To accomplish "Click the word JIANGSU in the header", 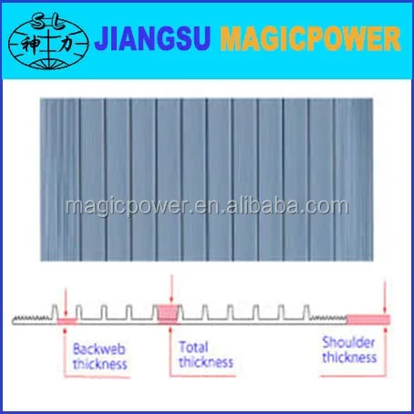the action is [152, 38].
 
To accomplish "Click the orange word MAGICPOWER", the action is [310, 38].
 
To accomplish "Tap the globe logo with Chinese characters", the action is [48, 41].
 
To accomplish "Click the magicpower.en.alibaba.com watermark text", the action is [207, 207].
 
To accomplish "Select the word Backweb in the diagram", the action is [99, 349].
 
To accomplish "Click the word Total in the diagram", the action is [193, 347].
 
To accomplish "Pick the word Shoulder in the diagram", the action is [348, 343].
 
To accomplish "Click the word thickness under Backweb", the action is [100, 364].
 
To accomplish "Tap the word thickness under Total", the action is [206, 362].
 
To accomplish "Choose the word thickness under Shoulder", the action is [349, 357].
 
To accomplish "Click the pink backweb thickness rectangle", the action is [67, 321].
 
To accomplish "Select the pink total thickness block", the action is [168, 314].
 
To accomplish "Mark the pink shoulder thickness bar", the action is [368, 320].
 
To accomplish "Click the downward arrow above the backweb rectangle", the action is [66, 303].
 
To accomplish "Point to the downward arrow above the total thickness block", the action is [171, 290].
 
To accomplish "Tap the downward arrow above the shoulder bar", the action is [385, 298].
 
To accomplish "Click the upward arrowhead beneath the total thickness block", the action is [171, 329].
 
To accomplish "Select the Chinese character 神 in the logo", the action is [30, 45].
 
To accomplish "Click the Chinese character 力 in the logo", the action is [66, 45].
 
